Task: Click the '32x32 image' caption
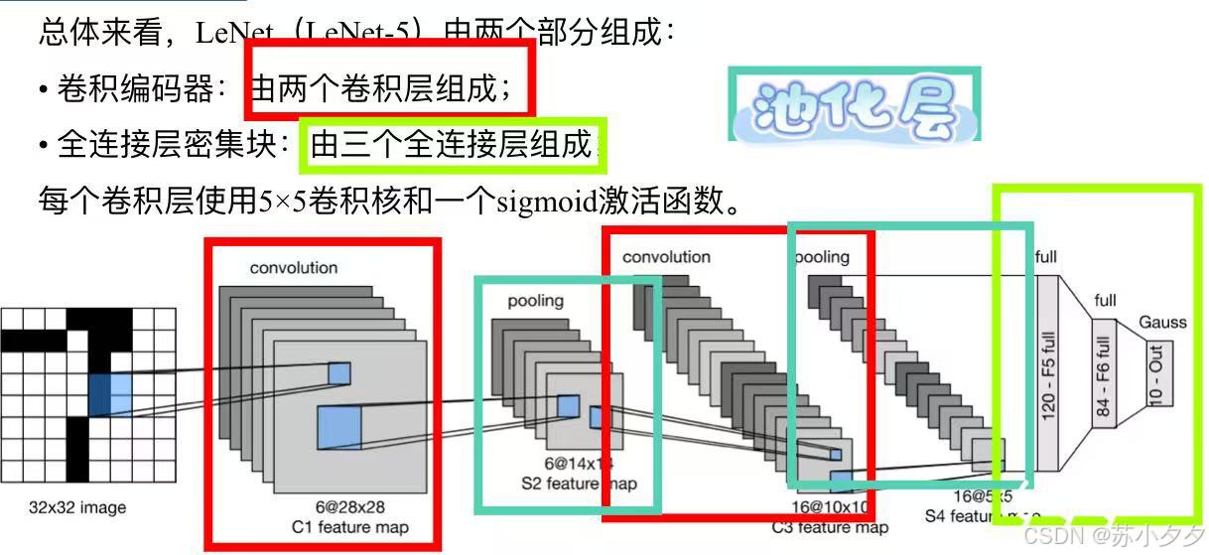77,508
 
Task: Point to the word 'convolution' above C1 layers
293,268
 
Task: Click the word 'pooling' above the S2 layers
535,301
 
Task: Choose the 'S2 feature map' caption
579,485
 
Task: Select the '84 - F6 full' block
1105,372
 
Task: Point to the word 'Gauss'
1162,323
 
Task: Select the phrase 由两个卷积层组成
381,90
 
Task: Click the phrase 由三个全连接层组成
452,146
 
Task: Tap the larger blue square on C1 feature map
339,428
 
